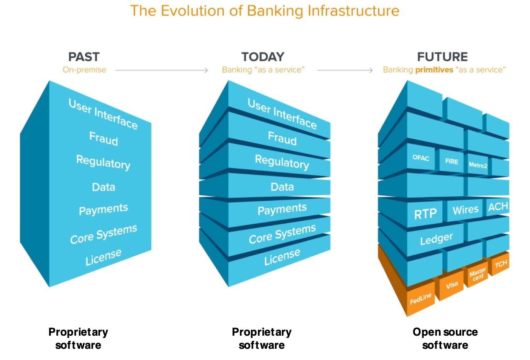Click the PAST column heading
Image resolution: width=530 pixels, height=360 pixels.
[84, 57]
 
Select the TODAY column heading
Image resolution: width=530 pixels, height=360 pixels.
[263, 57]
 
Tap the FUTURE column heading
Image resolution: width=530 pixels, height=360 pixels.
[442, 57]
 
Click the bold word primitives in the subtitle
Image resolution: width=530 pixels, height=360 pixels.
[434, 70]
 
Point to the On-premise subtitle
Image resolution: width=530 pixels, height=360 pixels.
[84, 70]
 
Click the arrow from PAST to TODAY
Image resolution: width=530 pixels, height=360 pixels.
[161, 70]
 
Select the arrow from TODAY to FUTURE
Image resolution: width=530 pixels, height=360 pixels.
[345, 70]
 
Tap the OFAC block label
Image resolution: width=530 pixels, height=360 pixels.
[421, 158]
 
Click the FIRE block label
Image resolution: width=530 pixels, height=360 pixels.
[451, 161]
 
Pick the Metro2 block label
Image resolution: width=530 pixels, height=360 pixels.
[478, 165]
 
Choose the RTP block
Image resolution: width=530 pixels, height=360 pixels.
[425, 214]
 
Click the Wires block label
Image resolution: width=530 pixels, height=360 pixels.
[465, 210]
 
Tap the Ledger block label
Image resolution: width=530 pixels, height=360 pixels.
[436, 239]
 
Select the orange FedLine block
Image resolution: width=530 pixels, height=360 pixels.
[420, 299]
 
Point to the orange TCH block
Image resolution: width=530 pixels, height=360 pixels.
[501, 264]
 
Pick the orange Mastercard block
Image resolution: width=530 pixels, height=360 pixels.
[477, 275]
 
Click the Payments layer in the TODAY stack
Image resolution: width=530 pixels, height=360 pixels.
[282, 209]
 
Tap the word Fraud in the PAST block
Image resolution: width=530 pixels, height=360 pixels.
[104, 138]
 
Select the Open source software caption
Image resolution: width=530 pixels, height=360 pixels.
[445, 338]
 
